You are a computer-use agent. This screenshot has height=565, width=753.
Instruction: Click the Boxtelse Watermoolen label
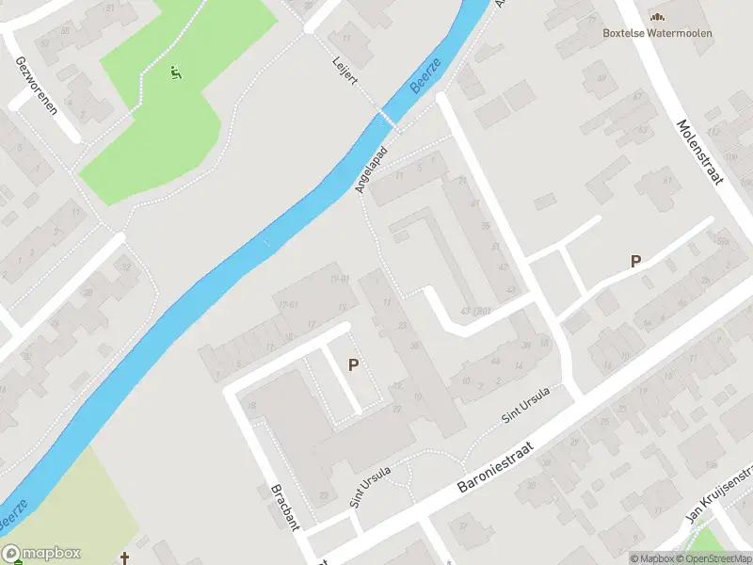657,33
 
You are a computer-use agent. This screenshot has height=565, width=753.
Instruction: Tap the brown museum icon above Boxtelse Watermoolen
657,16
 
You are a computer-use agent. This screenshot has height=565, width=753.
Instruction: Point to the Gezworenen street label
36,85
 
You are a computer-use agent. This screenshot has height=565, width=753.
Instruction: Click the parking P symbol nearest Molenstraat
636,262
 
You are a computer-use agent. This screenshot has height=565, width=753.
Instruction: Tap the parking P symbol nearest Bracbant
354,364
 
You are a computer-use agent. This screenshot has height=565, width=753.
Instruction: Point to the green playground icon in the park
175,72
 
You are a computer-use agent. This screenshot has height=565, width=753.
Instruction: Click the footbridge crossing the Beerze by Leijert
387,119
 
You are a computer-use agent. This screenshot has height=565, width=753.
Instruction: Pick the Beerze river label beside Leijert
425,76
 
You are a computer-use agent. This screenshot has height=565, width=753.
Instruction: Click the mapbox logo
41,554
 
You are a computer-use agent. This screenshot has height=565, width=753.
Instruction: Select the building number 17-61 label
287,303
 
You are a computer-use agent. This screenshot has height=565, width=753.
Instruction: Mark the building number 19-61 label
340,279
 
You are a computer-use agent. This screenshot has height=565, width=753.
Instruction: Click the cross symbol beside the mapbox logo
125,557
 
